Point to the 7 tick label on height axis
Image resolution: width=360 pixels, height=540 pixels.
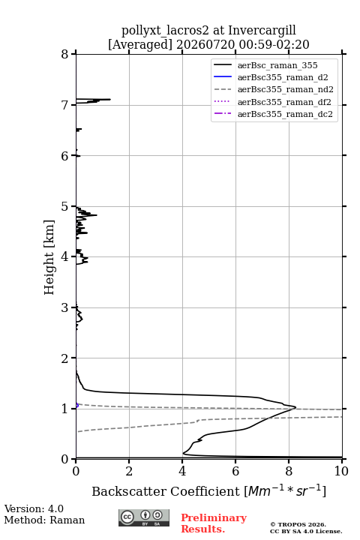pyautogui.click(x=64, y=105)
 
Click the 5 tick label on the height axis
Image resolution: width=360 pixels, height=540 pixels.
pyautogui.click(x=64, y=206)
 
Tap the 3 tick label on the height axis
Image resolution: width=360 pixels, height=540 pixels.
pyautogui.click(x=64, y=307)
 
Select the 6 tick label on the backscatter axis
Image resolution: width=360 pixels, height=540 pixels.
pyautogui.click(x=235, y=471)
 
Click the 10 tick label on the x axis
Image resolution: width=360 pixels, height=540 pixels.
pyautogui.click(x=341, y=471)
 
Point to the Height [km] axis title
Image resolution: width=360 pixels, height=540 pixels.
pyautogui.click(x=49, y=257)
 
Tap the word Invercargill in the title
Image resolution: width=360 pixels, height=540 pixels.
pyautogui.click(x=262, y=31)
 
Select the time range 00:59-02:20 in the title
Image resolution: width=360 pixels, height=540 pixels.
pyautogui.click(x=274, y=44)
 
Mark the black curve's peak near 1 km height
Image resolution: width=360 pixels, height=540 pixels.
pyautogui.click(x=295, y=407)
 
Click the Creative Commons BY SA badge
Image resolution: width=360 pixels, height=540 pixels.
pyautogui.click(x=144, y=518)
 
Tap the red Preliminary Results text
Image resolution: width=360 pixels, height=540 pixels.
pyautogui.click(x=214, y=523)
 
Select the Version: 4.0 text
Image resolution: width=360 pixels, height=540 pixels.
pyautogui.click(x=34, y=508)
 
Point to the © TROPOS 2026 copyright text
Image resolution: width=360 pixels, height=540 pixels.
pyautogui.click(x=298, y=524)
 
